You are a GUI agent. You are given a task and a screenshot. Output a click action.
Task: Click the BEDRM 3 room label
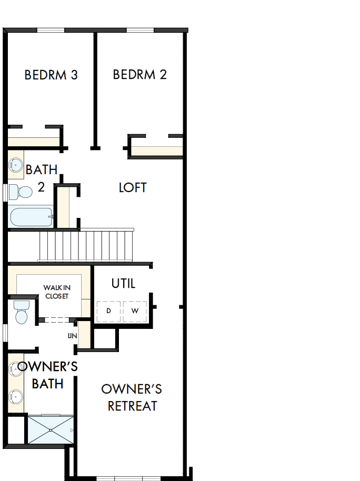pyautogui.click(x=51, y=75)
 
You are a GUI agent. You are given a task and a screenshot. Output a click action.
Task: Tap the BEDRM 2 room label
pyautogui.click(x=139, y=75)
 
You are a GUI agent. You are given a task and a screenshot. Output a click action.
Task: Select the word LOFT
pyautogui.click(x=133, y=188)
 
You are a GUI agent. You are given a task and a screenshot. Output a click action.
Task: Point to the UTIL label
pyautogui.click(x=123, y=284)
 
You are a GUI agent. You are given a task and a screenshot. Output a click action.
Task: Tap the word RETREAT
pyautogui.click(x=133, y=406)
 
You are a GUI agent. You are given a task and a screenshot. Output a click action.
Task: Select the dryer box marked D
pyautogui.click(x=108, y=311)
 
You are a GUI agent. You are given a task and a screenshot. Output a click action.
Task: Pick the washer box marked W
pyautogui.click(x=135, y=311)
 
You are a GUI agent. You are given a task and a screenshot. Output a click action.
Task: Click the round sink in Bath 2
pyautogui.click(x=16, y=166)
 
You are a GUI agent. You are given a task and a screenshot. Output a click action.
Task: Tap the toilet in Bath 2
pyautogui.click(x=19, y=192)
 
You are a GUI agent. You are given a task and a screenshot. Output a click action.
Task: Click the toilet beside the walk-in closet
pyautogui.click(x=21, y=312)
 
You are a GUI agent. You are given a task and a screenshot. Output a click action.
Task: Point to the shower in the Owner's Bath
pyautogui.click(x=51, y=429)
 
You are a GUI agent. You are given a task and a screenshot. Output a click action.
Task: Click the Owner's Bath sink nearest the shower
pyautogui.click(x=16, y=396)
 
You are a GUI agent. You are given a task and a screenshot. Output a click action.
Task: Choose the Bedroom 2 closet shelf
pyautogui.click(x=157, y=151)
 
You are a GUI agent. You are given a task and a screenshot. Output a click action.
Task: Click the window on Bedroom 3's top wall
pyautogui.click(x=51, y=30)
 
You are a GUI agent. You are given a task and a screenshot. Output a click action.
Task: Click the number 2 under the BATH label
pyautogui.click(x=41, y=187)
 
